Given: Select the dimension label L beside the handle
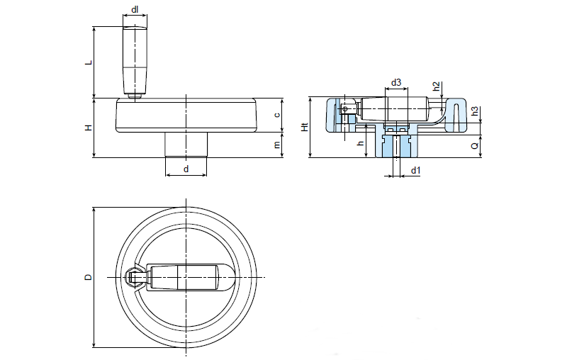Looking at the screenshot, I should click(88, 62).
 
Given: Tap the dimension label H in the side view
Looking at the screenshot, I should click(88, 128).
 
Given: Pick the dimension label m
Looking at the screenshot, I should click(277, 145).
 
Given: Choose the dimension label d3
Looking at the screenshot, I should click(396, 83).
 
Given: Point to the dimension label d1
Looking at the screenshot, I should click(416, 170).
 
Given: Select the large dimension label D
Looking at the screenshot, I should click(88, 276).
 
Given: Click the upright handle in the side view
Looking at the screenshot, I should click(134, 60).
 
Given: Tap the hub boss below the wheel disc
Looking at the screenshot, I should click(186, 145).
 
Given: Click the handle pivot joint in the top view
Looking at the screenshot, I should click(134, 276).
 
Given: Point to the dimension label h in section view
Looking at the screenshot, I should click(361, 144).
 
